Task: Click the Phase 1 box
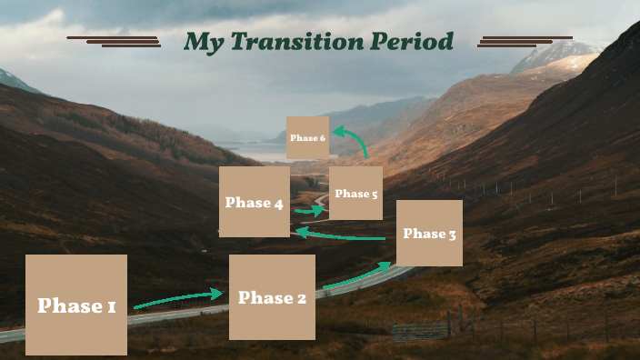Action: coord(76,305)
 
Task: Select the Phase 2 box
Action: coord(272,297)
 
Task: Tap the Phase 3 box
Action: coord(429,234)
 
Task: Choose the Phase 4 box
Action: coord(255,202)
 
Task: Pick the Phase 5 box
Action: coord(355,193)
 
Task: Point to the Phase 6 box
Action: coord(307,137)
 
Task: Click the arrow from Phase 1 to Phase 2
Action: coord(178,299)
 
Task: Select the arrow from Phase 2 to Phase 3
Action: coord(356,275)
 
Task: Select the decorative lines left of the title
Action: coord(115,40)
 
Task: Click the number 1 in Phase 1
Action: coord(111,306)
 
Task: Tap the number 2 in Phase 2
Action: coord(301,298)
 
